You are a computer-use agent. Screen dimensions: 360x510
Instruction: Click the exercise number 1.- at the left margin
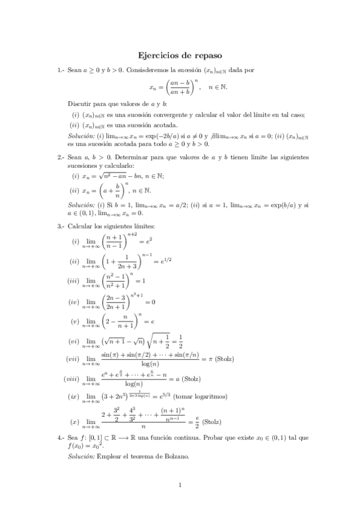[61, 70]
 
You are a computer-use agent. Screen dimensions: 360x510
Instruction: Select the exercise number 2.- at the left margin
[61, 157]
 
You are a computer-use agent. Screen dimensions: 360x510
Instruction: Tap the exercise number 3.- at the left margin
[61, 226]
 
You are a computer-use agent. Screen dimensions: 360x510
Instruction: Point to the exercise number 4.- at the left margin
[61, 437]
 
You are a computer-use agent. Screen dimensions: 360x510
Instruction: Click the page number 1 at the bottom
[180, 484]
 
